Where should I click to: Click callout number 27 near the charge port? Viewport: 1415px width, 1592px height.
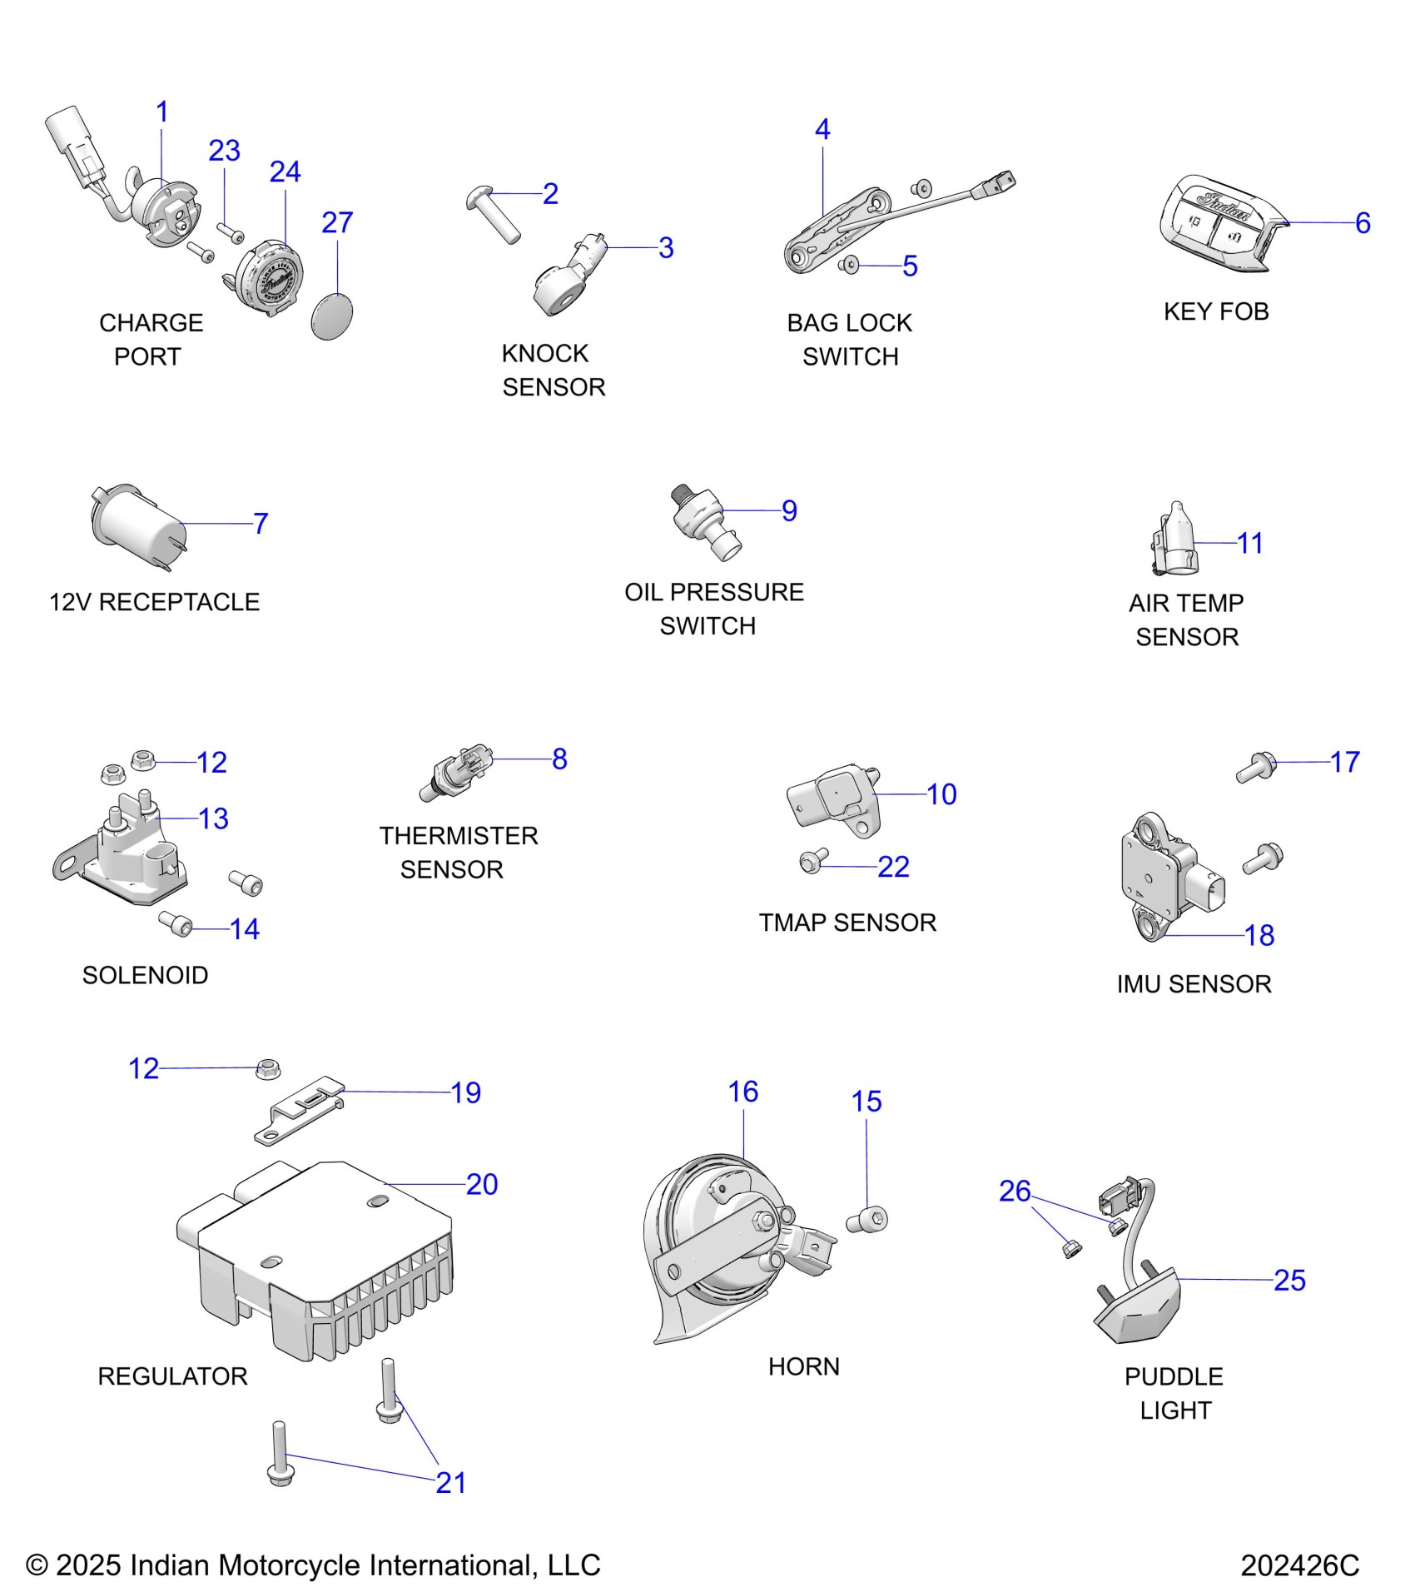point(337,222)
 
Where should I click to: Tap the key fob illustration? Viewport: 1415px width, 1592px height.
point(1219,223)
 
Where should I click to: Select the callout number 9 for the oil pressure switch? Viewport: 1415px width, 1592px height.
point(789,510)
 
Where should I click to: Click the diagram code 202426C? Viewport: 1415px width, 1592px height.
point(1299,1565)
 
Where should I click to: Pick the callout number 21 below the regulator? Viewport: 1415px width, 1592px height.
point(450,1482)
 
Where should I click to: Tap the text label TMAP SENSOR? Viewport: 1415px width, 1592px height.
point(847,923)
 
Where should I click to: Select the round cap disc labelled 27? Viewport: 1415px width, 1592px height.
point(332,316)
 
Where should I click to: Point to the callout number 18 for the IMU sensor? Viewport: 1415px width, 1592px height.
point(1259,935)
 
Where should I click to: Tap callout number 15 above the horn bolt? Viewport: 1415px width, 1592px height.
point(866,1102)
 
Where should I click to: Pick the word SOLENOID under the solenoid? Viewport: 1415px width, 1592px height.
point(145,975)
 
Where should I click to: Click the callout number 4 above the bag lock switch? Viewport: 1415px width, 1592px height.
point(822,129)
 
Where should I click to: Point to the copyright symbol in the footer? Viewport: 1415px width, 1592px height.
point(37,1565)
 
